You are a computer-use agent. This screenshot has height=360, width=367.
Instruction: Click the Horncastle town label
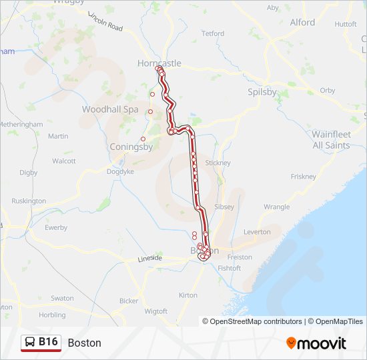coord(159,63)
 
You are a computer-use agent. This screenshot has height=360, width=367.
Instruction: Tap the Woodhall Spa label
coord(110,109)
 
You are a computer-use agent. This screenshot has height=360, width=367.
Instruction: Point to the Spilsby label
coord(262,92)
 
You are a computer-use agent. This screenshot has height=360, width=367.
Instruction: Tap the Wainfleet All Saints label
coord(331,139)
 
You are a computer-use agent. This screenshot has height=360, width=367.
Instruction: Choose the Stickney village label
coord(218,163)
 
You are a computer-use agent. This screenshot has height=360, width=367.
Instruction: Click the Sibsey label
coord(224,207)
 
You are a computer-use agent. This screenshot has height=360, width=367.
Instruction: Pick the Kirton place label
coord(188,295)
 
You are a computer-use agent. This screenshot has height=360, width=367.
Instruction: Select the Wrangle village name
coord(276,207)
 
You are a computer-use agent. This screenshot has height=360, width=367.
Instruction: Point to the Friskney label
coord(304,177)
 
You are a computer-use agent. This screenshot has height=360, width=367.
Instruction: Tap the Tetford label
coord(213,33)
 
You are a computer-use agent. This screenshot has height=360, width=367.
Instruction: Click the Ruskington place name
coord(29,201)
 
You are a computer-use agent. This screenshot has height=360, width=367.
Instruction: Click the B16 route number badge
coord(48,342)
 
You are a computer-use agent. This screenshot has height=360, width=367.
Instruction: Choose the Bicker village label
coord(129,301)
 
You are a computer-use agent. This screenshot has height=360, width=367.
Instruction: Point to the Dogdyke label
coord(120,171)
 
